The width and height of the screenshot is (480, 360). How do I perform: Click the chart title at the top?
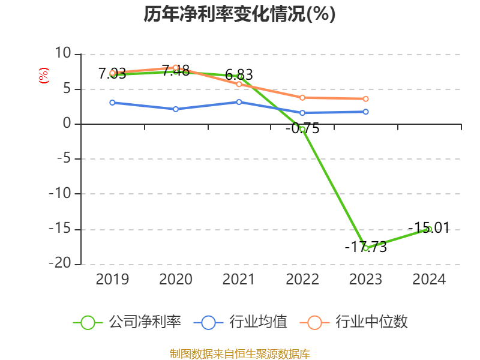pos(239,14)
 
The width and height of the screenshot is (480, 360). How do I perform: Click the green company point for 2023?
pos(365,248)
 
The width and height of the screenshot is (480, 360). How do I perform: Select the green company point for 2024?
pos(429,229)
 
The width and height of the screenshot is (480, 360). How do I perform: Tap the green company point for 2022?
pos(302,129)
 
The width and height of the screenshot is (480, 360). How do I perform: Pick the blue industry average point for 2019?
pos(112,103)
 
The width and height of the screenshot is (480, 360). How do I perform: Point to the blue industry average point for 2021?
pos(239,102)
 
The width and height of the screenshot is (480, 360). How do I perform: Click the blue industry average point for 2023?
pos(365,112)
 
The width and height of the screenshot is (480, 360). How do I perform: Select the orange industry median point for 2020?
pos(175,68)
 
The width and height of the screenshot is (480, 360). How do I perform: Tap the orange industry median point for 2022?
pos(302,97)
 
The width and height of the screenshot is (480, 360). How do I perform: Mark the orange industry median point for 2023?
pos(365,99)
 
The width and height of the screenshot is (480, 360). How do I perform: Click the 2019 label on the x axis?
pos(112,280)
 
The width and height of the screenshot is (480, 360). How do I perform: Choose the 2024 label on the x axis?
pos(429,280)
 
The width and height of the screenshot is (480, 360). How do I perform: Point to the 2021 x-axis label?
pos(239,280)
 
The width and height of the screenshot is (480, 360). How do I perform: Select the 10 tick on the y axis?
pos(62,54)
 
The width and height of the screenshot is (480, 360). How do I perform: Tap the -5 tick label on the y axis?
pos(62,159)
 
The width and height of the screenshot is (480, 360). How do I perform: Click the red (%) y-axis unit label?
pos(43,76)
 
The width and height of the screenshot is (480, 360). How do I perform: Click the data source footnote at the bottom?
pos(239,353)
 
